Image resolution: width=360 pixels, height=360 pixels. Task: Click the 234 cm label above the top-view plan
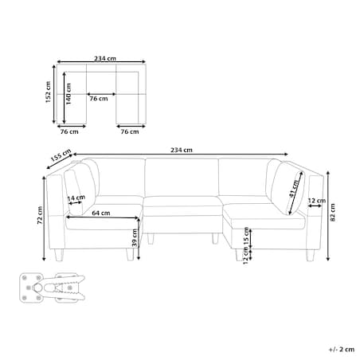[x=105, y=58]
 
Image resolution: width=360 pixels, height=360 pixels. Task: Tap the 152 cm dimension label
[x=48, y=92]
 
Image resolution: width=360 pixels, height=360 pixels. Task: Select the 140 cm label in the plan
[x=68, y=93]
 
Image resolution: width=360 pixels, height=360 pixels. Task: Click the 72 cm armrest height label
[x=40, y=215]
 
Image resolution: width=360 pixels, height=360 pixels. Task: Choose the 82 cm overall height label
[x=333, y=213]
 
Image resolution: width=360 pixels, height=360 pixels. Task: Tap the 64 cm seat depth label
[x=101, y=213]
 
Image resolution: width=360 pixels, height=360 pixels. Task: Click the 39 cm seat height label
[x=135, y=238]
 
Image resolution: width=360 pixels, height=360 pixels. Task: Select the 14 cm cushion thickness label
[x=76, y=198]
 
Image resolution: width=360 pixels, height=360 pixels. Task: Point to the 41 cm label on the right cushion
[x=294, y=189]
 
